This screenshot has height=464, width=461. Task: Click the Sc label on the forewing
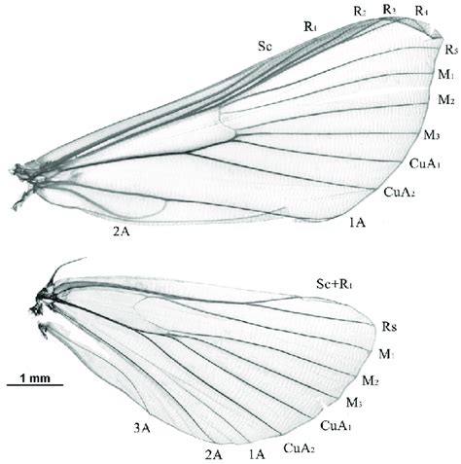[265, 47]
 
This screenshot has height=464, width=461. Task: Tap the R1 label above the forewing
[310, 26]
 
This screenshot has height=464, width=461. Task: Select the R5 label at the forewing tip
[451, 50]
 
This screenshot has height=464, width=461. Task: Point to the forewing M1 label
[446, 75]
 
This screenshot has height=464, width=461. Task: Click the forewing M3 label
[432, 135]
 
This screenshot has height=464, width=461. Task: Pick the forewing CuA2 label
[400, 192]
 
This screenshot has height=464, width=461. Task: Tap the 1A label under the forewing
[358, 223]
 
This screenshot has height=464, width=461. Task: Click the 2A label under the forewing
[122, 232]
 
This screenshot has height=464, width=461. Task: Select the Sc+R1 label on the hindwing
[335, 284]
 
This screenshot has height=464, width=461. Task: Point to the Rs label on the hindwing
[389, 327]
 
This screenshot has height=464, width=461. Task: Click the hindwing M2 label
[371, 380]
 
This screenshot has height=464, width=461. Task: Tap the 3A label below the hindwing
[142, 429]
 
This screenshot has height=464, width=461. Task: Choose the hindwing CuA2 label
[299, 448]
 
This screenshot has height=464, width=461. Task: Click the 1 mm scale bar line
[35, 385]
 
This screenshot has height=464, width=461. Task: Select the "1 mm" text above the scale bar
[35, 377]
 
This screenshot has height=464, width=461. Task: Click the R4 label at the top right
[421, 12]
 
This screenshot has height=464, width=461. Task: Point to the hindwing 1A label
[257, 454]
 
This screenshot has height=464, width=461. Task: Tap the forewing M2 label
[446, 99]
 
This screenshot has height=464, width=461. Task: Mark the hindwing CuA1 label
[336, 425]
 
